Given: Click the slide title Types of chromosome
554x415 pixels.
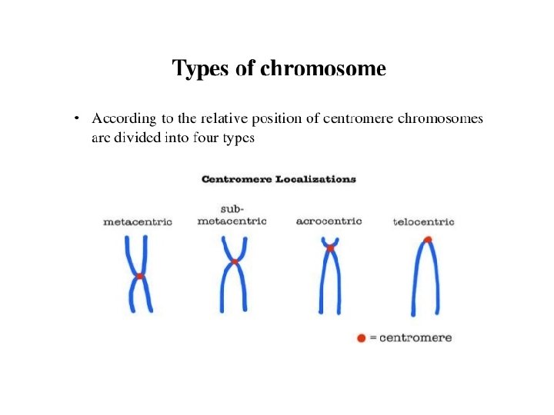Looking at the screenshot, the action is tap(279, 69).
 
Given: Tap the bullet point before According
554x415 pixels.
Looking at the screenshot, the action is tap(76, 118).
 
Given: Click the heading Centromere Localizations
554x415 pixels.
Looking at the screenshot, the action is tap(279, 179).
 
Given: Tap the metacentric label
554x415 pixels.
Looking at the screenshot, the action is tap(138, 221).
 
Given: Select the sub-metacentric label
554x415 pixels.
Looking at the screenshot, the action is tap(232, 215).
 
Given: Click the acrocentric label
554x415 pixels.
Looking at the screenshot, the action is tap(329, 221).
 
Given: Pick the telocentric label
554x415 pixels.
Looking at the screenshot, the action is tap(423, 222).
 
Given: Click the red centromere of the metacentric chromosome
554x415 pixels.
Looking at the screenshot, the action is tap(140, 275).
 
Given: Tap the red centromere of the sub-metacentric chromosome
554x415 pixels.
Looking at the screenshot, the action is tap(235, 262).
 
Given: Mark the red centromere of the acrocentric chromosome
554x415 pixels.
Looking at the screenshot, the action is tap(330, 247).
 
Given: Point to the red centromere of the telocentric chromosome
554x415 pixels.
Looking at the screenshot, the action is tap(428, 240).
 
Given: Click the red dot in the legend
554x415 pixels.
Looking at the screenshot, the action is tap(362, 338).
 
